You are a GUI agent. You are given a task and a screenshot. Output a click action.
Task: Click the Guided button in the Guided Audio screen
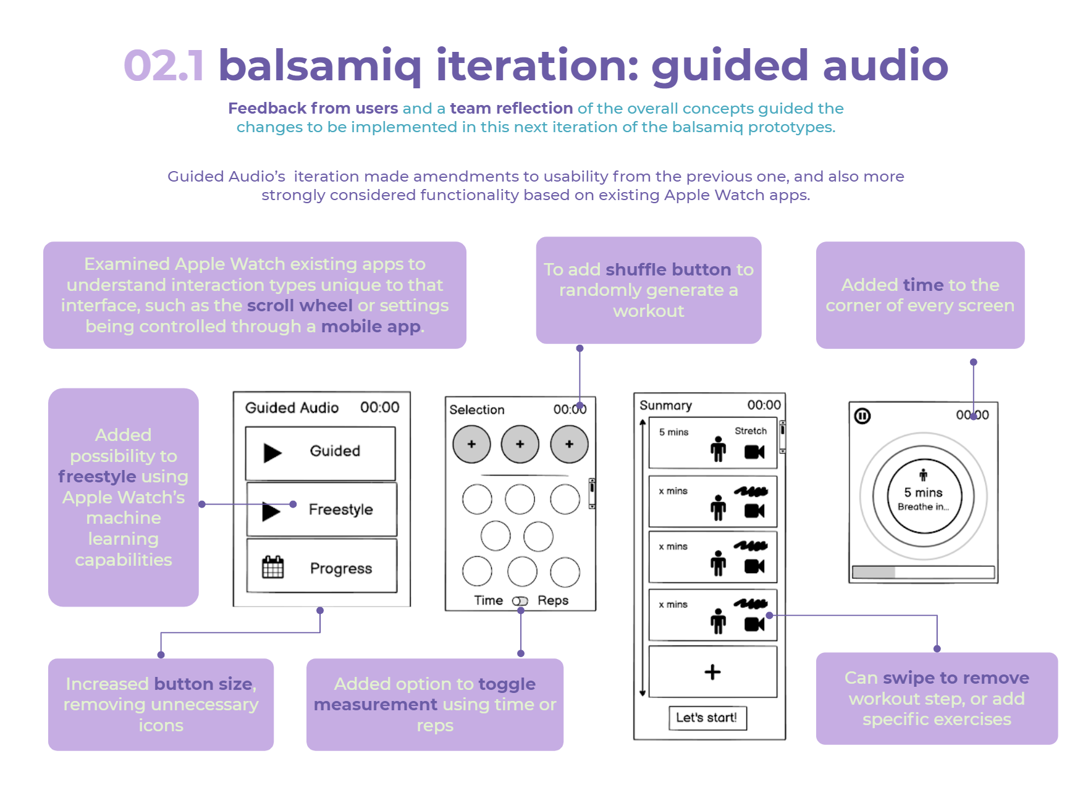tap(320, 453)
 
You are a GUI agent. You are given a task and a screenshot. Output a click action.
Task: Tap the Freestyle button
tap(321, 510)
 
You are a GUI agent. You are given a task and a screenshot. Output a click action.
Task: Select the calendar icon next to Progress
tap(272, 567)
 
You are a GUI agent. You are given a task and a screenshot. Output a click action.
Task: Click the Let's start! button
tap(707, 718)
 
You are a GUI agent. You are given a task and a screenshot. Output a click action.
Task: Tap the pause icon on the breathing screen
tap(862, 416)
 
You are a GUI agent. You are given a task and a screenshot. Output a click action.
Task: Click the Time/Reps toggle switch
tap(520, 601)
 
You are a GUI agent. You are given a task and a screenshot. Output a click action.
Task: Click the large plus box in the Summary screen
tap(712, 672)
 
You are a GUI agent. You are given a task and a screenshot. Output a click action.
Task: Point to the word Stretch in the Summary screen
tap(750, 431)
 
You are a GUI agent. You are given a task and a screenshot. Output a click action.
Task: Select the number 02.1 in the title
tap(164, 65)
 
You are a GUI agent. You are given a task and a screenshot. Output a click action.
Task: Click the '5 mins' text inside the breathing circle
tap(923, 492)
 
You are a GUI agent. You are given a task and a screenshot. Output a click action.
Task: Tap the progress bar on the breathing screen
tap(923, 572)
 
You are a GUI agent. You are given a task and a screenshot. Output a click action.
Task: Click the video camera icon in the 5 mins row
tap(754, 452)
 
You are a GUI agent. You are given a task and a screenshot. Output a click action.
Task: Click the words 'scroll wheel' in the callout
tap(300, 305)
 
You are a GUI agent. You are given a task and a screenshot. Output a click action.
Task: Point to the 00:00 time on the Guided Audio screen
tap(379, 408)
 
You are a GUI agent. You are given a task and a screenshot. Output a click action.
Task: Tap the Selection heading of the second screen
tap(476, 409)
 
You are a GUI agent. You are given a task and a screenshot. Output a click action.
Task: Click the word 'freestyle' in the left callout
tap(97, 476)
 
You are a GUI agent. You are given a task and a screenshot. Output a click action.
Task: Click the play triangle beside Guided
tap(272, 453)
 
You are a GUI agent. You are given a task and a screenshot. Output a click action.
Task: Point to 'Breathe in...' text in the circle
tap(923, 506)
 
